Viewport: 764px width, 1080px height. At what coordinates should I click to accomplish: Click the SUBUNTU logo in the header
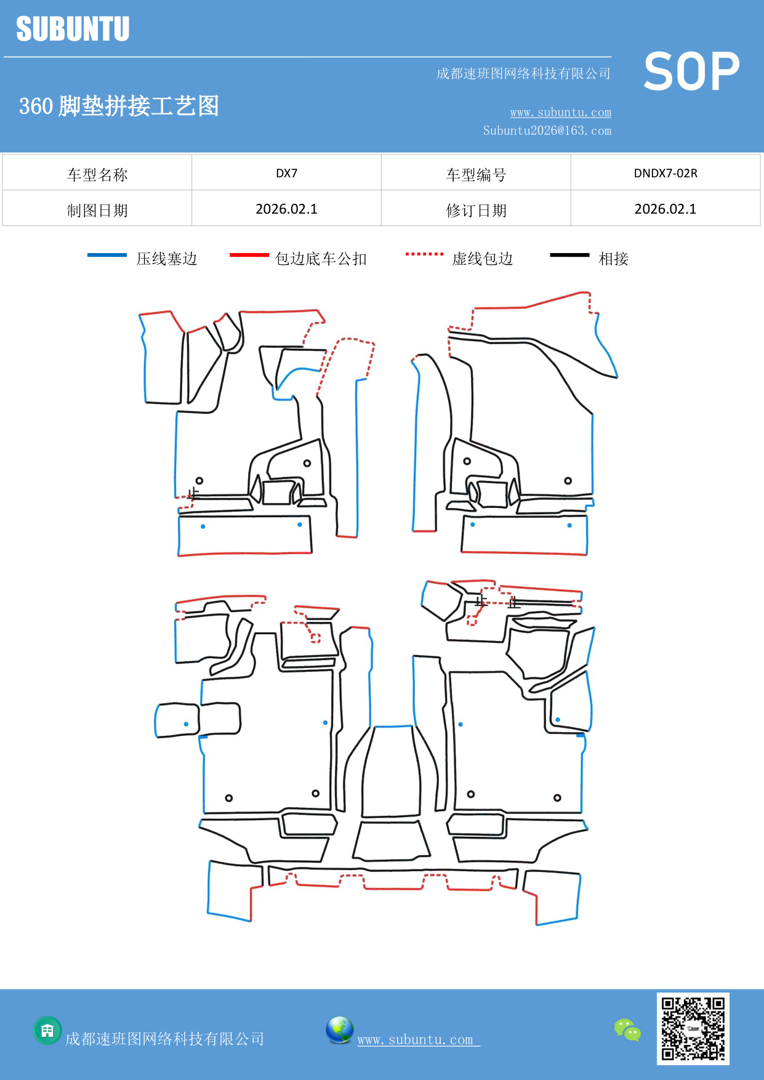[73, 29]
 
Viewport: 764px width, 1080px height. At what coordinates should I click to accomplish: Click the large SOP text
[691, 72]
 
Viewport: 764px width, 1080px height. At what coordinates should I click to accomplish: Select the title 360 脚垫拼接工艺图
[119, 106]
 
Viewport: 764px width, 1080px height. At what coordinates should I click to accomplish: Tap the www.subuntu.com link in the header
[560, 112]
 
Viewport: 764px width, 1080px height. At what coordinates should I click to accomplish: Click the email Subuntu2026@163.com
[547, 131]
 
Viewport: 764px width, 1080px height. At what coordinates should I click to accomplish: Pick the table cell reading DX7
[286, 173]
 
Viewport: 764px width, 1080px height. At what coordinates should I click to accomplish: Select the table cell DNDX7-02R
[665, 173]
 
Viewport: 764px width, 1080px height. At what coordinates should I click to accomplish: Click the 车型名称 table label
[97, 175]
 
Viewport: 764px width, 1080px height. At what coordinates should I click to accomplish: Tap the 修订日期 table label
[476, 211]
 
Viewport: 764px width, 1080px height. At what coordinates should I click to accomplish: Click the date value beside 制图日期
[286, 209]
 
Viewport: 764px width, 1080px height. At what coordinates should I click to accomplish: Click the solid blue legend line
[107, 255]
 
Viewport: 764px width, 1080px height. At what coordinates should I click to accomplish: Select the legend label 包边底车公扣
[321, 259]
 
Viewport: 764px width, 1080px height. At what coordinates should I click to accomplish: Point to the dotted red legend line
[424, 254]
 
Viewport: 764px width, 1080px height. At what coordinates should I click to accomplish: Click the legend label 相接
[613, 259]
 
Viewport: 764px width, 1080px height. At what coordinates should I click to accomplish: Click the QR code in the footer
[693, 1028]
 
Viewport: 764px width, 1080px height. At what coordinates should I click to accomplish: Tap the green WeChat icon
[627, 1030]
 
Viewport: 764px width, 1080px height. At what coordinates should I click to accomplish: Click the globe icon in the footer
[339, 1030]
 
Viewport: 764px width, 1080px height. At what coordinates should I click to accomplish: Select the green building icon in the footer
[47, 1030]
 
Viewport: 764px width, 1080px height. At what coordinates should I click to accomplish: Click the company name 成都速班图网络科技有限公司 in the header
[523, 74]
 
